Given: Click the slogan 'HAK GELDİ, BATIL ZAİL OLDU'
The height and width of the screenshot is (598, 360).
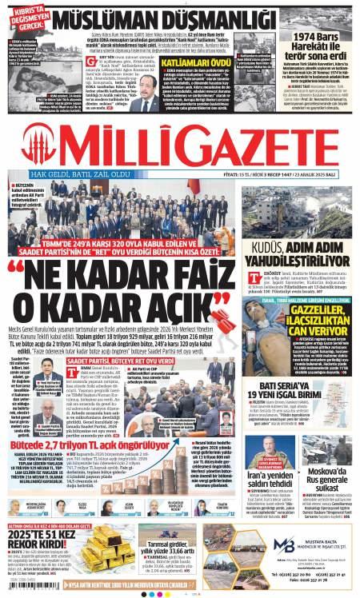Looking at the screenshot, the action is click(79, 173).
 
